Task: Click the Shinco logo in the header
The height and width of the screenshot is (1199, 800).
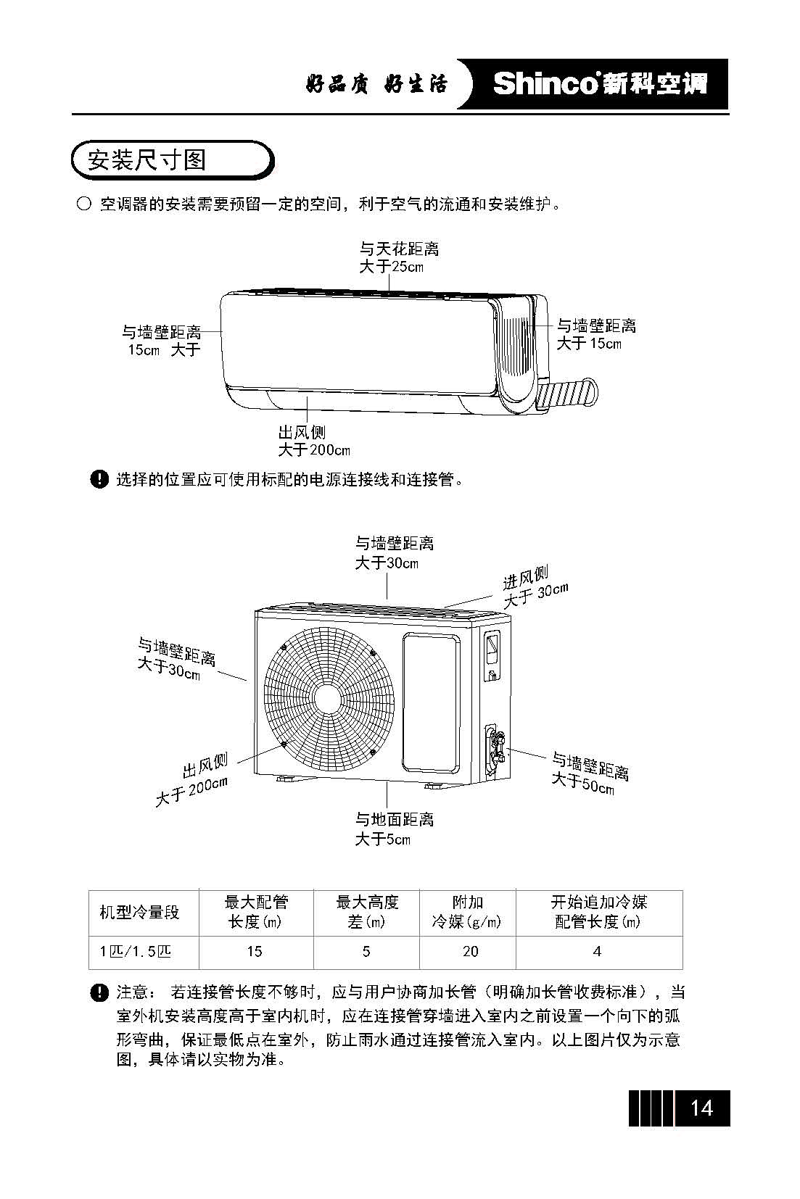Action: tap(599, 84)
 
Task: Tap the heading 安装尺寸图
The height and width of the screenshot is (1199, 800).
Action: tap(147, 159)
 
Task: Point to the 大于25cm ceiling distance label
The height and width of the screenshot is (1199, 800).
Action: tap(391, 267)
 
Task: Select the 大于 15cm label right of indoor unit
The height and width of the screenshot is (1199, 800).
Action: tap(588, 344)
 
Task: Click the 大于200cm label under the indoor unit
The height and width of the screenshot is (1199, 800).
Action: tap(314, 450)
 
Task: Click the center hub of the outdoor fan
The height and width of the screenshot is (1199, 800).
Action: tap(328, 698)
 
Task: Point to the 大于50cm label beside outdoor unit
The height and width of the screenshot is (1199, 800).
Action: tap(582, 783)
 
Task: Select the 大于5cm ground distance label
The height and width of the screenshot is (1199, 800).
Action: tap(382, 839)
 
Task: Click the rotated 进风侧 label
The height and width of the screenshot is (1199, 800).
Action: tap(527, 578)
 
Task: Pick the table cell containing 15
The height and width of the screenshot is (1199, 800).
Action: tap(255, 952)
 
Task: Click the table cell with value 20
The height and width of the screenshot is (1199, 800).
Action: tap(470, 952)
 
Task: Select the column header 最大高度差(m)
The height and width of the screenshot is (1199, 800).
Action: tap(367, 912)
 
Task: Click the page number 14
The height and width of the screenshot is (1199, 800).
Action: tap(701, 1108)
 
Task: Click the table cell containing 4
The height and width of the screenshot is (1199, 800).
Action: tap(598, 952)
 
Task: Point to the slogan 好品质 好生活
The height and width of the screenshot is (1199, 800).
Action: tap(376, 85)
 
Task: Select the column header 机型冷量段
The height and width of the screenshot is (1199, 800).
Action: tap(139, 913)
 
